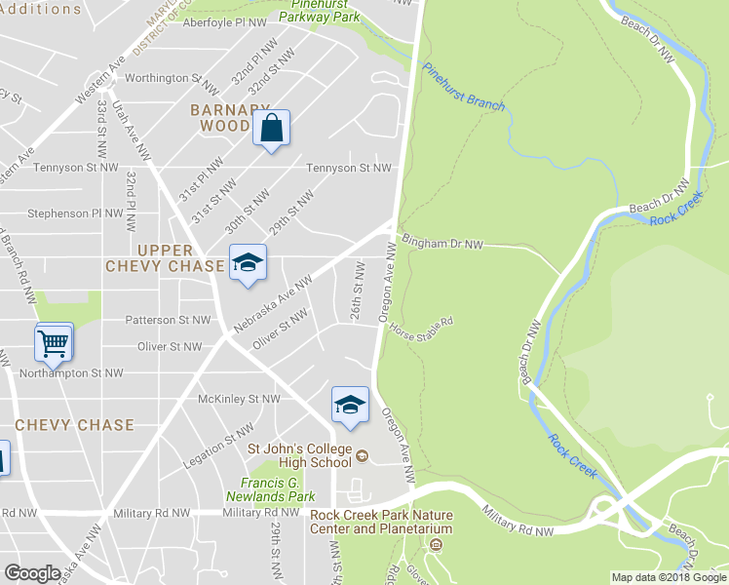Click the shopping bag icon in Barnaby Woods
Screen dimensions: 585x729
(x=272, y=128)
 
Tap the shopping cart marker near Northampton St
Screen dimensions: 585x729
(x=54, y=342)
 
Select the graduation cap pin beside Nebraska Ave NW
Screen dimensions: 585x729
(x=248, y=262)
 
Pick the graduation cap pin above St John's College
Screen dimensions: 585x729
(x=350, y=405)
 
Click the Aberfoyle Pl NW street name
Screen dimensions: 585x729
(x=224, y=21)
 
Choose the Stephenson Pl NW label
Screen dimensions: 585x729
(x=77, y=213)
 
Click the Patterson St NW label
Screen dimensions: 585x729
(x=168, y=320)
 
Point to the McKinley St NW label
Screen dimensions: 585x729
(x=239, y=399)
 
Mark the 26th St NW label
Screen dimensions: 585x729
(x=358, y=290)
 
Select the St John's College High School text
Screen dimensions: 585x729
(x=299, y=455)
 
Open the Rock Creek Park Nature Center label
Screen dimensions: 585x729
(x=381, y=522)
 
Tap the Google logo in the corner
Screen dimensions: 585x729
(x=33, y=573)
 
